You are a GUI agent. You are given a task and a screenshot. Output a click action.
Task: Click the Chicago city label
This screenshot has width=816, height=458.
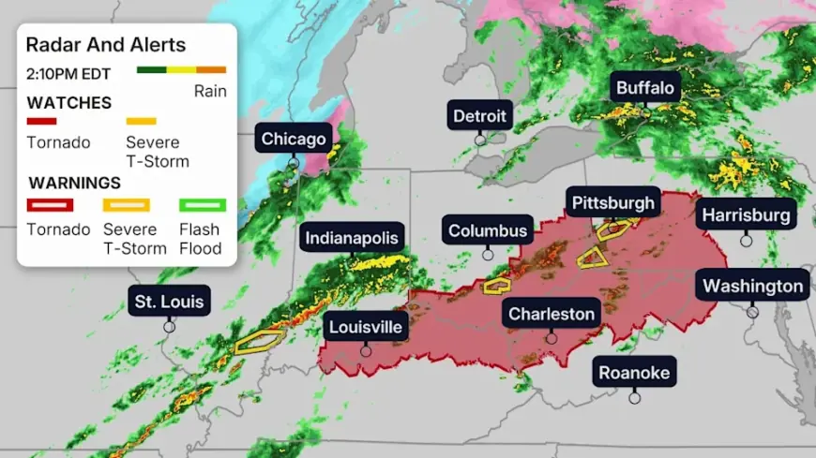(294, 140)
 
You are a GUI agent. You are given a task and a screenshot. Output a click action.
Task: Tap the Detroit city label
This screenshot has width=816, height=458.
(479, 117)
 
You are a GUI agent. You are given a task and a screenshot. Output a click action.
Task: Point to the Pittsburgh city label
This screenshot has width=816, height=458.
(613, 203)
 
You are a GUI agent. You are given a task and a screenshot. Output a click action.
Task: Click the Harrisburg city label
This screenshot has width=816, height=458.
(746, 215)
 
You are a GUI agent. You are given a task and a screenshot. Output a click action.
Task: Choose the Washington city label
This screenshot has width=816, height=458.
(752, 286)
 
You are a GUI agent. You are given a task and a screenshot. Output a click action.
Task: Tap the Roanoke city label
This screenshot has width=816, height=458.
(634, 373)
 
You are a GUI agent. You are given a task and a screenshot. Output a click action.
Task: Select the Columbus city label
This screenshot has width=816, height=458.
(487, 230)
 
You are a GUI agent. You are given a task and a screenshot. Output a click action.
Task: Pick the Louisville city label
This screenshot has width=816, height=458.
(365, 327)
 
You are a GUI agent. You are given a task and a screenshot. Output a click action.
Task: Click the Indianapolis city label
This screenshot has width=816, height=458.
(352, 238)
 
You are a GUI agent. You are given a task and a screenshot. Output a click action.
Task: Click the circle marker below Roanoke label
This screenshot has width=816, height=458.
(634, 398)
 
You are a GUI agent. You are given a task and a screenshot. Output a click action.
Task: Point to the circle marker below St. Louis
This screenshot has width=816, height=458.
(170, 327)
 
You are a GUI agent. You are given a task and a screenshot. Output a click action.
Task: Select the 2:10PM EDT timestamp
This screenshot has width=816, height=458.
(68, 73)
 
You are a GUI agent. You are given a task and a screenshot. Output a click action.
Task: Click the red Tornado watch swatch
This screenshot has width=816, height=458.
(42, 121)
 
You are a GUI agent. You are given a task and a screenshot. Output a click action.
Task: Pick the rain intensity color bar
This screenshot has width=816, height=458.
(181, 70)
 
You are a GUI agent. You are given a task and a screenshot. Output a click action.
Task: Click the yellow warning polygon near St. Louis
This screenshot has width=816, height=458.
(258, 340)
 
